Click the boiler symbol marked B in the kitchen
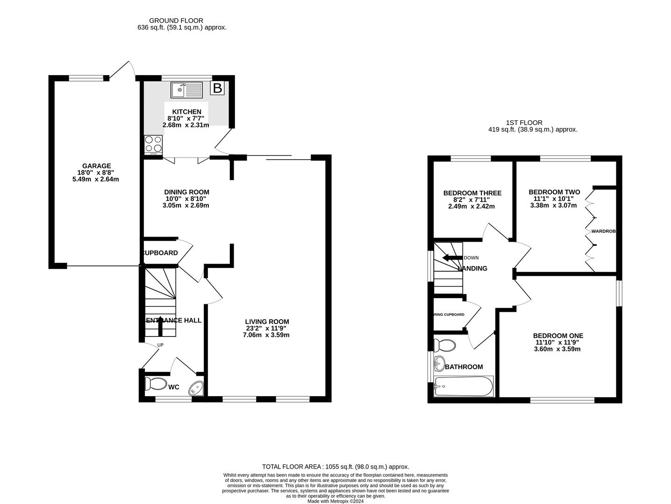pos(217,88)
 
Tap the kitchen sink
pos(186,90)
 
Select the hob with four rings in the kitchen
pos(153,144)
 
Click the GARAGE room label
pos(96,166)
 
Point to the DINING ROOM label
pos(186,192)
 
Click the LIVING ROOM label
pos(267,322)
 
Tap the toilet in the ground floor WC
pos(155,384)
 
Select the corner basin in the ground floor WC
pos(197,388)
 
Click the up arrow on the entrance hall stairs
pos(160,326)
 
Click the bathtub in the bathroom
pos(463,386)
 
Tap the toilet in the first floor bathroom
pos(444,346)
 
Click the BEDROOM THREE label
pos(472,193)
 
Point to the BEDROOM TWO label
pos(554,192)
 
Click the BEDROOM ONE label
pos(558,336)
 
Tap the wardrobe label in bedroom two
pos(604,231)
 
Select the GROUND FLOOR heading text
pos(176,21)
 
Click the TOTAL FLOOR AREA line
pos(335,466)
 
